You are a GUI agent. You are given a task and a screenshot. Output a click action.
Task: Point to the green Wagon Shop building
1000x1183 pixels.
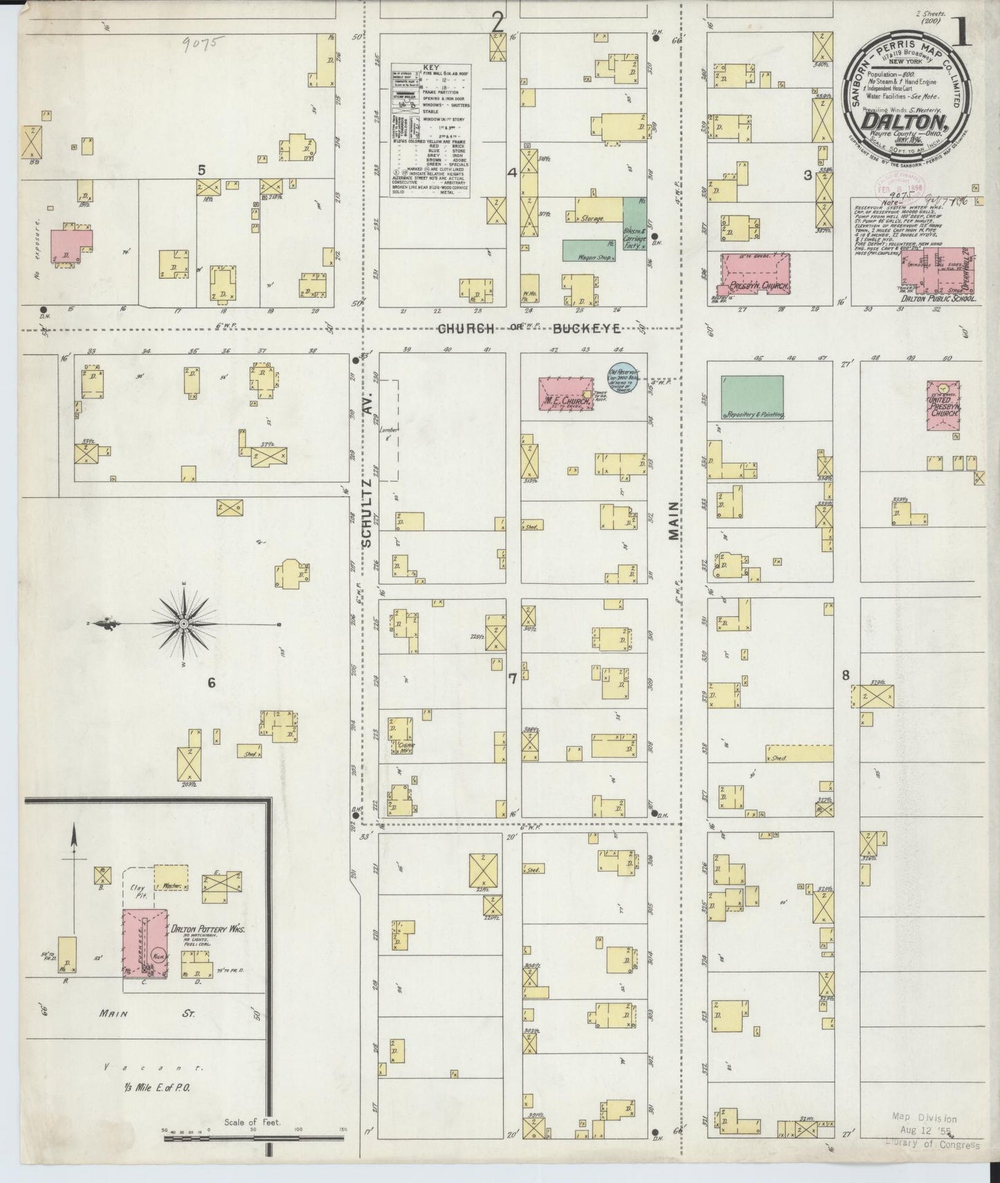589,250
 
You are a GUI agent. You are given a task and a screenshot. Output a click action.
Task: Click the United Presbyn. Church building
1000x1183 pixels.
944,403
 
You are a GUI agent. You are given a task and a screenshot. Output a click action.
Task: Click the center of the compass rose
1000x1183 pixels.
184,625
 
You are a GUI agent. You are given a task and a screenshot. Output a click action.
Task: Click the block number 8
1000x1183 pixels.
845,676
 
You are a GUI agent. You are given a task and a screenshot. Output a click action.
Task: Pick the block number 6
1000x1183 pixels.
211,684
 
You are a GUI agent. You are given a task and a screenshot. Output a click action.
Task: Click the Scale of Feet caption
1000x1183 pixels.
252,1122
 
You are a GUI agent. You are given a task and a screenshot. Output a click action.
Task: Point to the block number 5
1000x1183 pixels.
201,169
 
